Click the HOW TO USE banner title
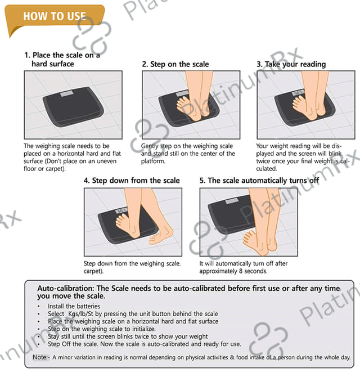pyautogui.click(x=55, y=16)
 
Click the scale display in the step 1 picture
pyautogui.click(x=67, y=93)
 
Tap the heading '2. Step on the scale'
pyautogui.click(x=175, y=64)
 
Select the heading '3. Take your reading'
pyautogui.click(x=291, y=64)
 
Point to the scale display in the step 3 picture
pyautogui.click(x=298, y=92)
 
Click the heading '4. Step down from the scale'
pyautogui.click(x=132, y=181)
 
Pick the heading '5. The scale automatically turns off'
pyautogui.click(x=259, y=181)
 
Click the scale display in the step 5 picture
pyautogui.click(x=232, y=201)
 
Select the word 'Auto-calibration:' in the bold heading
pyautogui.click(x=66, y=288)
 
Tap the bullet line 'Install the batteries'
pyautogui.click(x=74, y=306)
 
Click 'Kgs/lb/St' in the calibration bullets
pyautogui.click(x=80, y=314)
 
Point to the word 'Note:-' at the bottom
pyautogui.click(x=41, y=357)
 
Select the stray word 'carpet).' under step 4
pyautogui.click(x=93, y=271)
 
